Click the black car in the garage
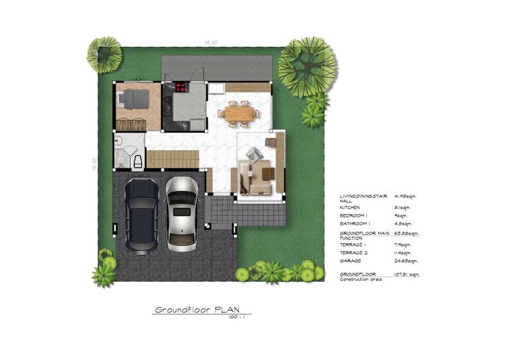[142, 215]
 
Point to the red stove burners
[181, 87]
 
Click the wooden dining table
[238, 113]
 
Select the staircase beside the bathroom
[173, 160]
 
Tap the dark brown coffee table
[268, 174]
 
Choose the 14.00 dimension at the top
[210, 43]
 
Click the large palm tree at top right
[307, 66]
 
